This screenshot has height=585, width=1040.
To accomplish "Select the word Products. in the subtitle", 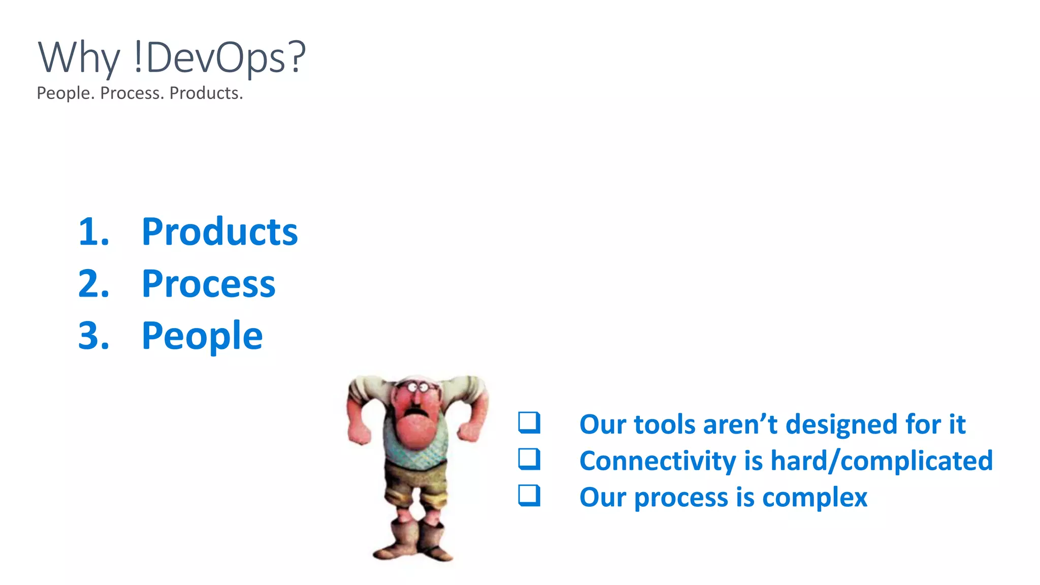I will pyautogui.click(x=206, y=93).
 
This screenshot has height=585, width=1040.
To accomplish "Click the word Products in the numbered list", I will pyautogui.click(x=219, y=232).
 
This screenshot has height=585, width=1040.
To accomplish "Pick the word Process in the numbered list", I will pyautogui.click(x=208, y=284).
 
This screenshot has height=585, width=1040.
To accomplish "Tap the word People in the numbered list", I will pyautogui.click(x=202, y=336).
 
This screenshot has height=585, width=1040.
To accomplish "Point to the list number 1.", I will pyautogui.click(x=93, y=232).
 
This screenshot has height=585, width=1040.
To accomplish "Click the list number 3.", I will pyautogui.click(x=93, y=336).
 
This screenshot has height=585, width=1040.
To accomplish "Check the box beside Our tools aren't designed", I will pyautogui.click(x=529, y=423).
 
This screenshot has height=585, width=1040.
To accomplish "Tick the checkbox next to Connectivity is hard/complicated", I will pyautogui.click(x=529, y=459).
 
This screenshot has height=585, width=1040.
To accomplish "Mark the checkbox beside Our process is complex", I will pyautogui.click(x=529, y=496).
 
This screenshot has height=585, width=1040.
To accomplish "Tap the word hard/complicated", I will pyautogui.click(x=881, y=461).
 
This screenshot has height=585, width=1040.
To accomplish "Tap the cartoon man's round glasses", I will pyautogui.click(x=418, y=388).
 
